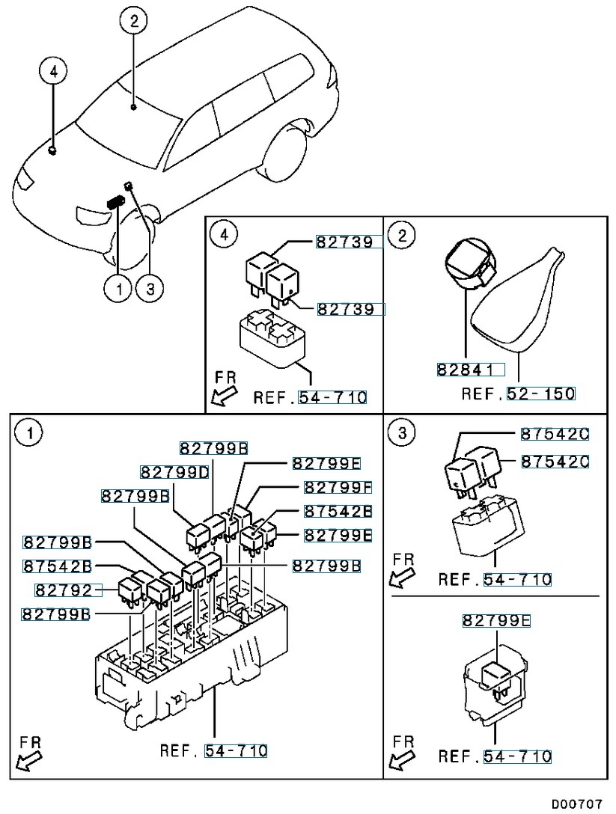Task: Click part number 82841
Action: point(471,369)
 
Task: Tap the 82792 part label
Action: point(67,590)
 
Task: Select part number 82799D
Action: point(174,472)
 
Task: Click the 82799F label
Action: point(338,487)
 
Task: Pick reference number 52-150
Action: point(541,394)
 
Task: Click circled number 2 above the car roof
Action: point(133,22)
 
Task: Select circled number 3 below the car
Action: point(149,288)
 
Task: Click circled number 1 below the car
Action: point(118,288)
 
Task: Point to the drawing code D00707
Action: point(576,804)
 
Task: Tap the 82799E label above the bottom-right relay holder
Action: point(497,620)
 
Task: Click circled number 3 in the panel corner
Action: point(402,432)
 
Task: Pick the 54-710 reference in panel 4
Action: point(333,397)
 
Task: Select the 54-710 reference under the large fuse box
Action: point(236,750)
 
